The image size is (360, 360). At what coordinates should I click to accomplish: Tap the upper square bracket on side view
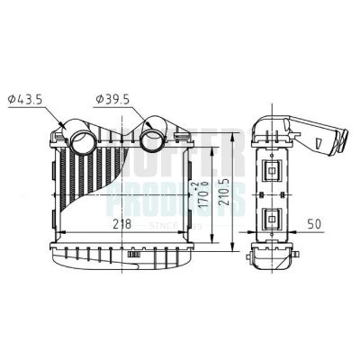point(272,168)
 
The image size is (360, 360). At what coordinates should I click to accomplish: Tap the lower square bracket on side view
point(272,218)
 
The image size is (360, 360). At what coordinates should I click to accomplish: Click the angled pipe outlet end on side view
point(343,141)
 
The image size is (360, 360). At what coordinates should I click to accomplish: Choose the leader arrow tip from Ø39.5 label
point(148,127)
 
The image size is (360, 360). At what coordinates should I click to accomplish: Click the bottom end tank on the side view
point(271,262)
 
